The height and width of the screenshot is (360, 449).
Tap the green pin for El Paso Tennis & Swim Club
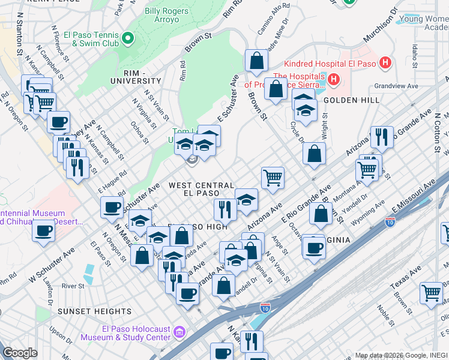(x=128, y=40)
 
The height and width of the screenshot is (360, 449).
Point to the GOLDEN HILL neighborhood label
(x=345, y=100)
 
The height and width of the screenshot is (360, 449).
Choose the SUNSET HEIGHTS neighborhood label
(x=94, y=311)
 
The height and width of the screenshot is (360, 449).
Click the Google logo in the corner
(x=20, y=353)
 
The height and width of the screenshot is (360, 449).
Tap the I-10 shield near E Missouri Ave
(x=390, y=223)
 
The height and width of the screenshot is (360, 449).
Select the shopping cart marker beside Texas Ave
(x=431, y=293)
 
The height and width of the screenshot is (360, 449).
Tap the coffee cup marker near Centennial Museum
(x=43, y=230)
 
